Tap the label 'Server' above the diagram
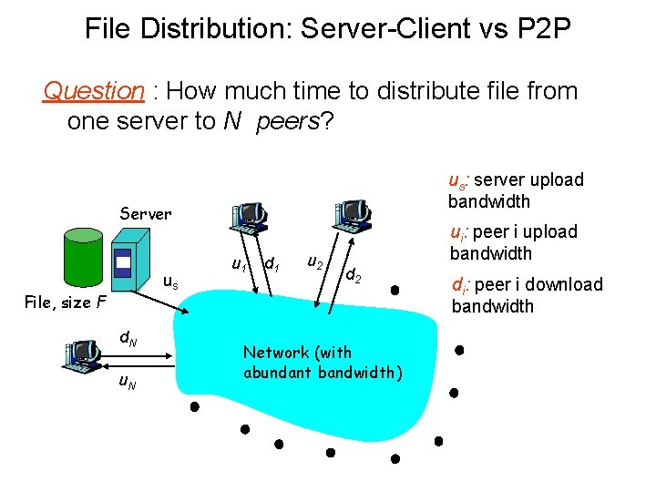coord(146,214)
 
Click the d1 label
coord(271,265)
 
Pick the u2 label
coord(313,263)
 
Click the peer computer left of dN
coord(83,354)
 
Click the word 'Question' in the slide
coord(94,91)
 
